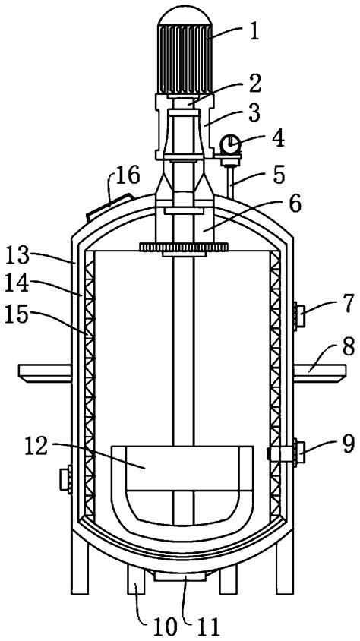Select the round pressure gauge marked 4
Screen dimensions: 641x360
click(229, 143)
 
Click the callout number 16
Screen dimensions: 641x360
click(128, 178)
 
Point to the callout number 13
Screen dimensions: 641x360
click(27, 252)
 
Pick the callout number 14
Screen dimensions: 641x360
click(27, 284)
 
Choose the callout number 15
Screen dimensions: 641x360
click(27, 314)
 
